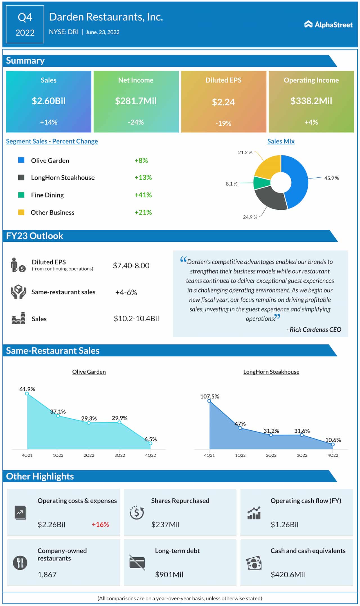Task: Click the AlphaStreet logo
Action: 328,24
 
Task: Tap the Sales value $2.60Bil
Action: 49,101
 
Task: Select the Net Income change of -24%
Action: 136,122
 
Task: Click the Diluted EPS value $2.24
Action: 223,102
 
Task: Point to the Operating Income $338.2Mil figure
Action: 311,101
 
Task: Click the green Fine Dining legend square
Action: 21,195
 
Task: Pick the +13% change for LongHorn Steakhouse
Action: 143,178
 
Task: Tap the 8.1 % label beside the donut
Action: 231,184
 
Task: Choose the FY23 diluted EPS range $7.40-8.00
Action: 131,266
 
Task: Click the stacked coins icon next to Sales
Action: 18,318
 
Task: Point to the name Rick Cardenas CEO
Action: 314,330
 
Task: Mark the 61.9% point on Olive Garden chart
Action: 27,394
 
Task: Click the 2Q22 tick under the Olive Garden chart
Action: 89,455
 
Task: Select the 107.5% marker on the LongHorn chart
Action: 209,401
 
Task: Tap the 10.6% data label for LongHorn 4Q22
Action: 333,440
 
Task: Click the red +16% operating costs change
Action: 100,524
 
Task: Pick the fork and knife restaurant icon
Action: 20,563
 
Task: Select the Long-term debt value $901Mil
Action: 169,575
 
